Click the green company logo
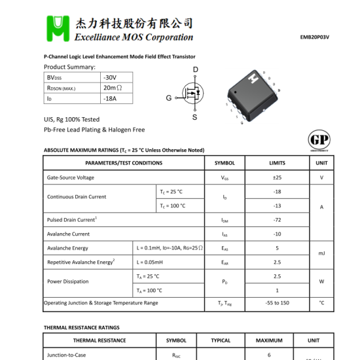pos(60,27)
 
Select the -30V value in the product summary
pos(109,77)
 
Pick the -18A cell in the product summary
pos(109,98)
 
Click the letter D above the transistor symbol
pos(195,69)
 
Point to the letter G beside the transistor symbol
pos(168,98)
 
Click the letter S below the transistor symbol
pos(194,117)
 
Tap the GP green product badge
pos(319,140)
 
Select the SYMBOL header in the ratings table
pos(225,163)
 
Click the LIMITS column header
pos(277,163)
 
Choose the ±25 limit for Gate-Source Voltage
pos(277,177)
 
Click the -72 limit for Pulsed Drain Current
pos(277,220)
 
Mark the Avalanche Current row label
pos(68,234)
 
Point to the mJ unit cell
pos(321,253)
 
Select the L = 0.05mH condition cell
pos(150,262)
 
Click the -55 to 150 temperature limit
pos(277,303)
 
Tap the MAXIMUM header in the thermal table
pos(269,340)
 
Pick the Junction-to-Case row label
pos(66,355)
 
